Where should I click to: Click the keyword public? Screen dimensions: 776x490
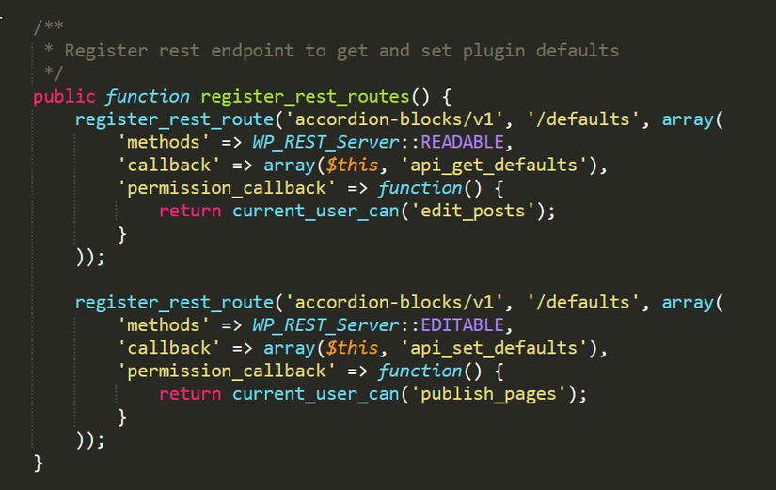coord(64,97)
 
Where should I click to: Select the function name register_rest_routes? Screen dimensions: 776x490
coord(305,97)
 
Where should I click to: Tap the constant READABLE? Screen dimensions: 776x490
coord(462,143)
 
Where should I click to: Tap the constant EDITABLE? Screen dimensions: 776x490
coord(462,325)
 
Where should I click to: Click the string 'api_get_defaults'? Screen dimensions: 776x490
coord(493,166)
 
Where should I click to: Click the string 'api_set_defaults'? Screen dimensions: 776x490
coord(493,348)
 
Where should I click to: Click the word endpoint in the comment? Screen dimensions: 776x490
coord(252,51)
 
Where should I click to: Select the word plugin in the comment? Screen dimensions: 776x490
coord(494,51)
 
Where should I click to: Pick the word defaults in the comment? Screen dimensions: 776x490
coord(578,51)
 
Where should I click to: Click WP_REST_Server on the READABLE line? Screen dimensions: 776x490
coord(325,143)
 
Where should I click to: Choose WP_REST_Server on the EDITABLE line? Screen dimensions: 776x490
coord(325,325)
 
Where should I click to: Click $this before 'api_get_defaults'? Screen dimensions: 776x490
coord(352,165)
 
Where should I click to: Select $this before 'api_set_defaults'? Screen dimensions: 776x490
coord(352,348)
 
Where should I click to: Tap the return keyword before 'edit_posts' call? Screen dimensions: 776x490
coord(190,212)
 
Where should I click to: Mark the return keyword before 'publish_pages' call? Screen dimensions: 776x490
coord(190,394)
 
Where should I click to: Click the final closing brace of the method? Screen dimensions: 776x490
coord(39,464)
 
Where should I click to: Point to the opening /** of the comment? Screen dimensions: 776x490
coord(49,26)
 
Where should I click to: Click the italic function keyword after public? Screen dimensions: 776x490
coord(148,97)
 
